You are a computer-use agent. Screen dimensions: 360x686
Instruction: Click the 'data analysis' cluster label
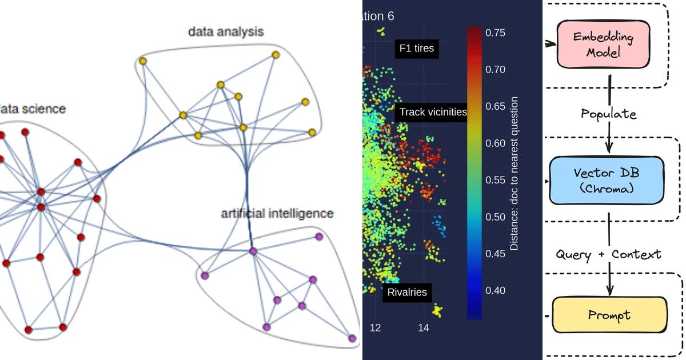pyautogui.click(x=226, y=31)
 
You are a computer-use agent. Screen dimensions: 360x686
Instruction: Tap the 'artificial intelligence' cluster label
pyautogui.click(x=277, y=214)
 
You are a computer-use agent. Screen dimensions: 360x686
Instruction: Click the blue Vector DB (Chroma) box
pyautogui.click(x=607, y=180)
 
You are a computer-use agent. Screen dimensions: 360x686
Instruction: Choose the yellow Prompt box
pyautogui.click(x=609, y=315)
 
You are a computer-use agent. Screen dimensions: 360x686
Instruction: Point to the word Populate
pyautogui.click(x=608, y=113)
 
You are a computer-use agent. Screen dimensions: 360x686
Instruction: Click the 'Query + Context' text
pyautogui.click(x=608, y=254)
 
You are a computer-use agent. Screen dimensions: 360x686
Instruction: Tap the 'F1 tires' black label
pyautogui.click(x=415, y=49)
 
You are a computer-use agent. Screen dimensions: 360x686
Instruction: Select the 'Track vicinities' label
pyautogui.click(x=433, y=112)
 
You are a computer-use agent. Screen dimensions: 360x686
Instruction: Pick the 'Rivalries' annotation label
pyautogui.click(x=407, y=292)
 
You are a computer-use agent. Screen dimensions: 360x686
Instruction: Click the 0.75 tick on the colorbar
pyautogui.click(x=495, y=33)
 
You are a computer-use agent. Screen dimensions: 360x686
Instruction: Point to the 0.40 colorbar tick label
pyautogui.click(x=495, y=290)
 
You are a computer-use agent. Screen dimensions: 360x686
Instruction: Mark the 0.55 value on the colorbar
pyautogui.click(x=495, y=179)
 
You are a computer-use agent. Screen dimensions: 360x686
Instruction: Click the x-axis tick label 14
pyautogui.click(x=423, y=328)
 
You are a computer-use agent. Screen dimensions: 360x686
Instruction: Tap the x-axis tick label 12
pyautogui.click(x=375, y=328)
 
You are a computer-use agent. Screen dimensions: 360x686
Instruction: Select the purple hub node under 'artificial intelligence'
pyautogui.click(x=253, y=251)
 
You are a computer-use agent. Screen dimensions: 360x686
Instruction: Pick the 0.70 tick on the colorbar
pyautogui.click(x=495, y=69)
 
